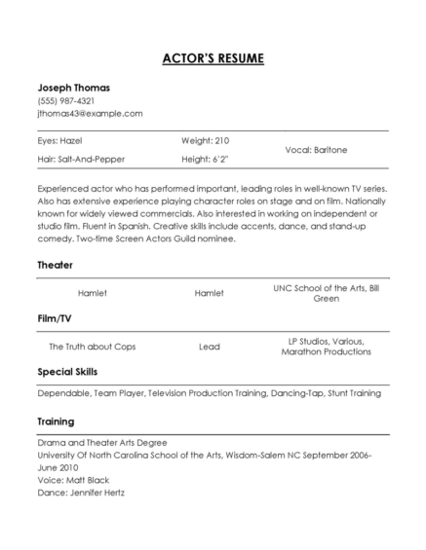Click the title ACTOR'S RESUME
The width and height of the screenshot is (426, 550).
(213, 59)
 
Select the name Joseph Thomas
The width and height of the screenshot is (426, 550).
(73, 88)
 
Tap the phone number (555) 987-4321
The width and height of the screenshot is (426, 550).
(66, 100)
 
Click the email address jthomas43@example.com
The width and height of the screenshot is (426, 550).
(90, 113)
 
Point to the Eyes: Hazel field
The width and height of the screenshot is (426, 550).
(59, 141)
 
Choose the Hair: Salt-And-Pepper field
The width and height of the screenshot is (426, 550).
(81, 159)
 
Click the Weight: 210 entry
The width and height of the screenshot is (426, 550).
(205, 141)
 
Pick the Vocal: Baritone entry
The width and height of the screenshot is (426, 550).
(316, 150)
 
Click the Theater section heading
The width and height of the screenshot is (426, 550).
(55, 265)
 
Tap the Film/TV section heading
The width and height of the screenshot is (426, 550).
(57, 317)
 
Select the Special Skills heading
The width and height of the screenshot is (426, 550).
(67, 372)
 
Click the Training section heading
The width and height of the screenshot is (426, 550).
(57, 422)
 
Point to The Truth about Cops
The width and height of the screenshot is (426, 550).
(93, 347)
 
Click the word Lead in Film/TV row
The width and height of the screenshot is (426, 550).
(210, 347)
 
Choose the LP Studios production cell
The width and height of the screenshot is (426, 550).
(326, 347)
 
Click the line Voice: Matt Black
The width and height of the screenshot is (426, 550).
(73, 480)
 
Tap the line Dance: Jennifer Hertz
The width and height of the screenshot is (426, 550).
(81, 493)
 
